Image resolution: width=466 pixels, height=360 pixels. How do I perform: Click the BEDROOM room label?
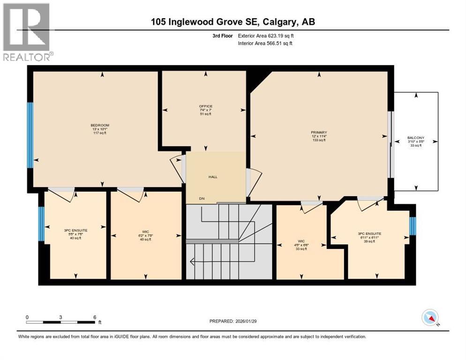click(x=100, y=125)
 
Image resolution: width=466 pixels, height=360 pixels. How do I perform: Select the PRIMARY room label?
click(x=319, y=133)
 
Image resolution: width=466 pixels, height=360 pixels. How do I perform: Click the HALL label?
click(x=213, y=177)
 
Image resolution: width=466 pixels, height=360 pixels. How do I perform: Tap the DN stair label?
click(x=202, y=199)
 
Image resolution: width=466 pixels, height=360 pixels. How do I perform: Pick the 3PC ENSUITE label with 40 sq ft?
click(x=75, y=230)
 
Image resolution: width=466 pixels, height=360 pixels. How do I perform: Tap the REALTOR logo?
click(x=27, y=32)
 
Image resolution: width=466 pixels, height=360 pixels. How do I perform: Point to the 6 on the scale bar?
click(x=95, y=317)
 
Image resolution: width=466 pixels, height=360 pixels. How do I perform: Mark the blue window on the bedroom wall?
click(x=30, y=135)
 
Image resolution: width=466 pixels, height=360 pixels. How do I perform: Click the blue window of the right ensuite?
click(x=413, y=226)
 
